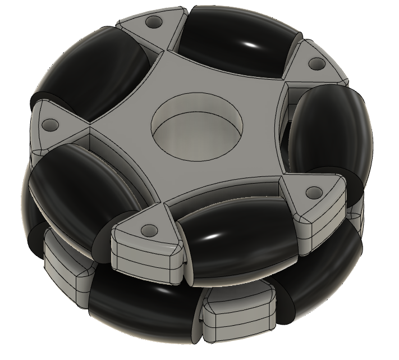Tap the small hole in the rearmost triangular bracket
(151, 23)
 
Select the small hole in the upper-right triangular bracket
(314, 65)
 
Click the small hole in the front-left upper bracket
(149, 230)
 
